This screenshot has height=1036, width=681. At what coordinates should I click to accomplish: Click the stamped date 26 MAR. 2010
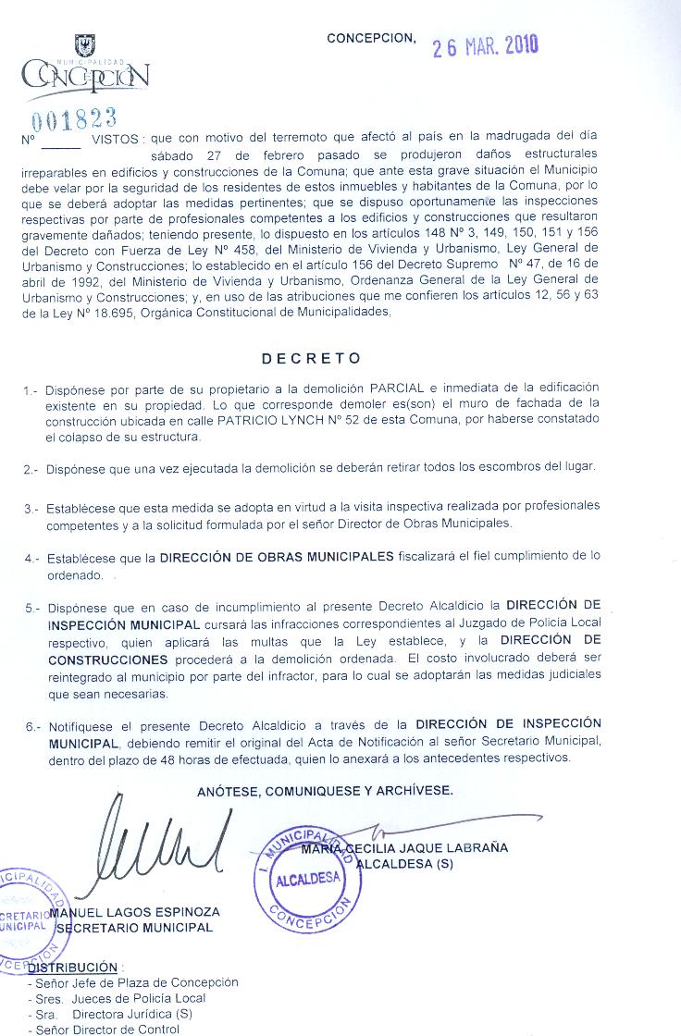[485, 46]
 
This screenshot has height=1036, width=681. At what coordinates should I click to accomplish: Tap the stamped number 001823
[74, 118]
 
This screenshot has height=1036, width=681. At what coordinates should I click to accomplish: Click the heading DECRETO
[311, 358]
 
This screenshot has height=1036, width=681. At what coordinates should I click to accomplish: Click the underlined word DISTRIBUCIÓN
[73, 968]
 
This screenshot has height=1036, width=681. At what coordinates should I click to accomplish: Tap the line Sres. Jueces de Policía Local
[117, 998]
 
